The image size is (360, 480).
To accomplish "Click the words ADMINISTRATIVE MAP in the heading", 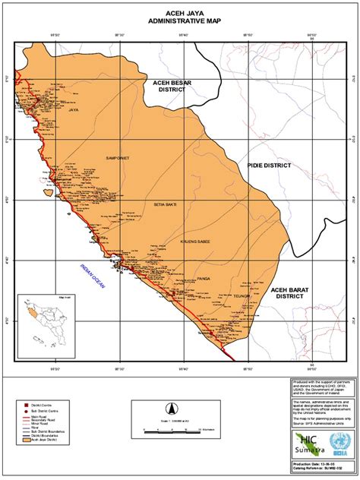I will point(180,22).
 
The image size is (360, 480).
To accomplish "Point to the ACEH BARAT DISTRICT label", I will point(292,294).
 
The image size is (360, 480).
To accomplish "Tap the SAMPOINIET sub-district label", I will point(118,158).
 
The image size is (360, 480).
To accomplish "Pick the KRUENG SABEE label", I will point(194,241).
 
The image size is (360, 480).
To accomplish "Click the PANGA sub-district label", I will point(203,278).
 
